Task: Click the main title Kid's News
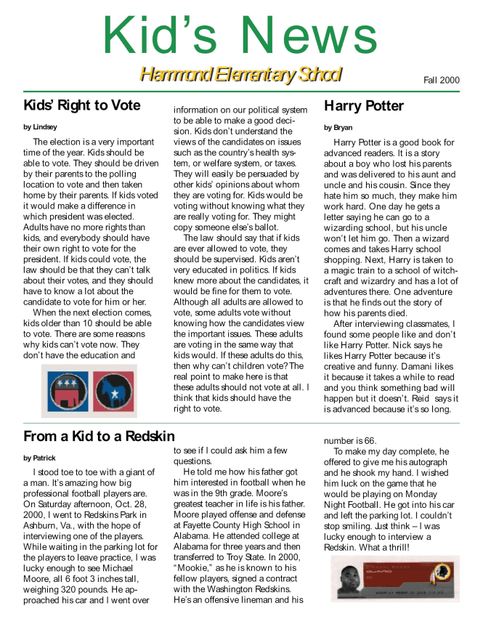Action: point(240,34)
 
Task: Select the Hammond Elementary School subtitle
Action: point(240,75)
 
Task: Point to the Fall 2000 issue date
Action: point(442,80)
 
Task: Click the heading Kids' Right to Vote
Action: point(81,105)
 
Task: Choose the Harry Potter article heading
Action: point(363,106)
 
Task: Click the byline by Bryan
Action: point(338,127)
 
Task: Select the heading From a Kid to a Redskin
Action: point(99,436)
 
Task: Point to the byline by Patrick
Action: point(40,458)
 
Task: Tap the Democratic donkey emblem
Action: point(113,391)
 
